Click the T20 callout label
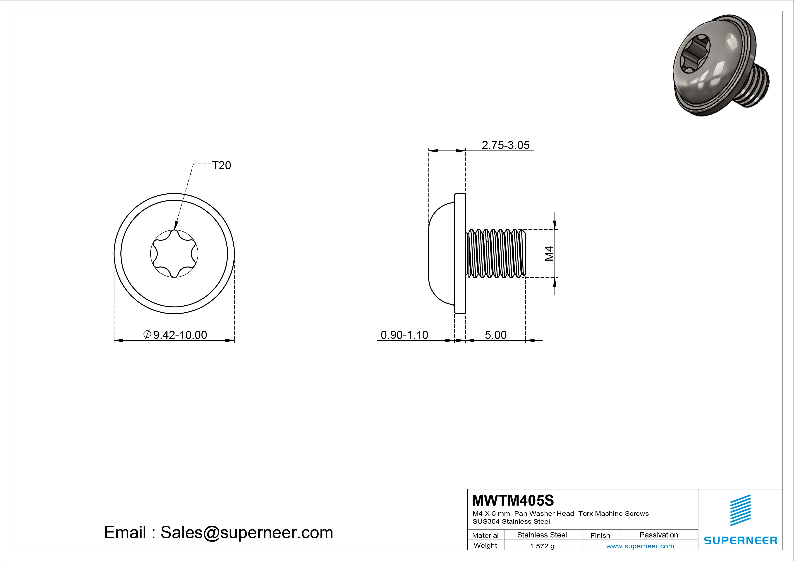click(221, 166)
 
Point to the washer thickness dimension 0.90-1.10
click(404, 335)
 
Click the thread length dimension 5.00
click(495, 335)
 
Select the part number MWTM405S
click(512, 500)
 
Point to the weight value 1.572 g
click(542, 546)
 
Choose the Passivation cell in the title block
click(658, 535)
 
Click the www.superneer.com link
click(640, 546)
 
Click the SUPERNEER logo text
click(740, 540)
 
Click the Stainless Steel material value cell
click(542, 535)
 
